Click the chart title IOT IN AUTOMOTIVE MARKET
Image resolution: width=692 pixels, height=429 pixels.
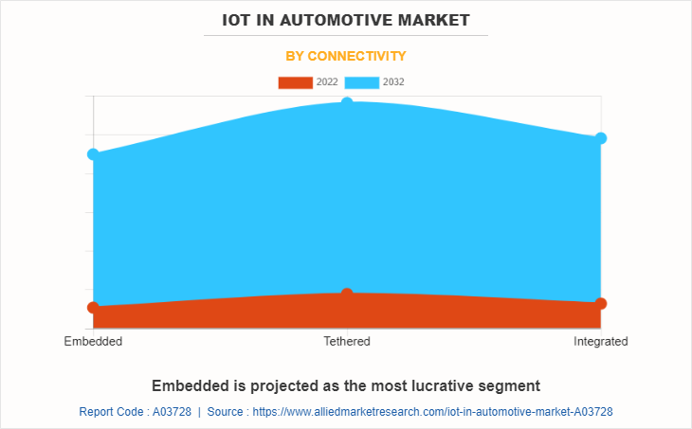[x=346, y=19]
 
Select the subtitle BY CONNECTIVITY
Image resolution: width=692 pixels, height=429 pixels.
[x=346, y=56]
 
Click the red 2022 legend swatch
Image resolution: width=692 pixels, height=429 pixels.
[x=295, y=82]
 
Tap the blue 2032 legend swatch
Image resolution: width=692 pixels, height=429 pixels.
[x=361, y=82]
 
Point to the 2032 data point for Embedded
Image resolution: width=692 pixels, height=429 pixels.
[x=93, y=154]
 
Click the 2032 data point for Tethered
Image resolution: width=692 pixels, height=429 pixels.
[x=347, y=102]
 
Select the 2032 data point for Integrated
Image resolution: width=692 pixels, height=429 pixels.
[x=600, y=138]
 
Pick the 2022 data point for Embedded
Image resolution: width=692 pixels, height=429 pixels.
[x=93, y=308]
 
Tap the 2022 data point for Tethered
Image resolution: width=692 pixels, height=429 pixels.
[x=347, y=294]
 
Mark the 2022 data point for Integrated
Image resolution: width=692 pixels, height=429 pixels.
[x=600, y=303]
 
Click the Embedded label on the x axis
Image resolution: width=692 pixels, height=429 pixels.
[x=93, y=341]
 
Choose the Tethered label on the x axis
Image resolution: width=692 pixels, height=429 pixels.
[x=347, y=341]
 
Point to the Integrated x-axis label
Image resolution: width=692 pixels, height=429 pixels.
[x=600, y=341]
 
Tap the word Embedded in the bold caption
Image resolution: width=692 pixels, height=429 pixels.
[x=190, y=385]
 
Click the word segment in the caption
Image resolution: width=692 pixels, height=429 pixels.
[x=512, y=385]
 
